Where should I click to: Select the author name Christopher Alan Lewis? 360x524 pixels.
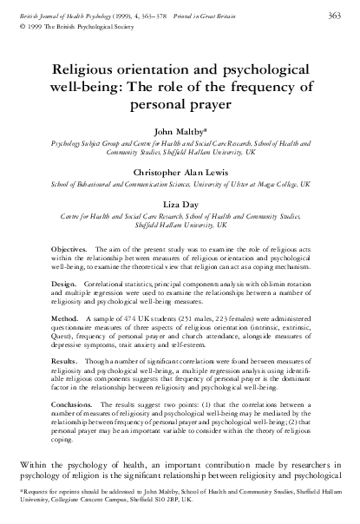180,172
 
